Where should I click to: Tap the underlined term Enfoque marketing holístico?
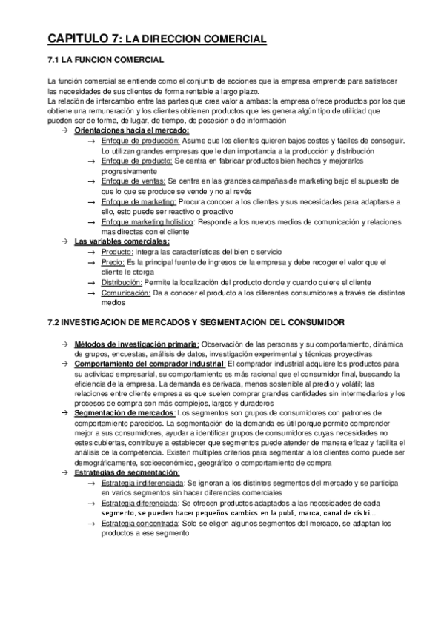point(147,221)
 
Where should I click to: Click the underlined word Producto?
point(117,251)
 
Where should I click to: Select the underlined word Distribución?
point(122,282)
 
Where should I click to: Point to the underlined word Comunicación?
point(125,293)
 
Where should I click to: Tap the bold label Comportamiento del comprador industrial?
point(150,364)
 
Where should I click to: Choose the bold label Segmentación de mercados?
point(124,413)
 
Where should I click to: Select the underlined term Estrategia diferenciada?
point(134,503)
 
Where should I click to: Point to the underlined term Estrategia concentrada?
point(136,523)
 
